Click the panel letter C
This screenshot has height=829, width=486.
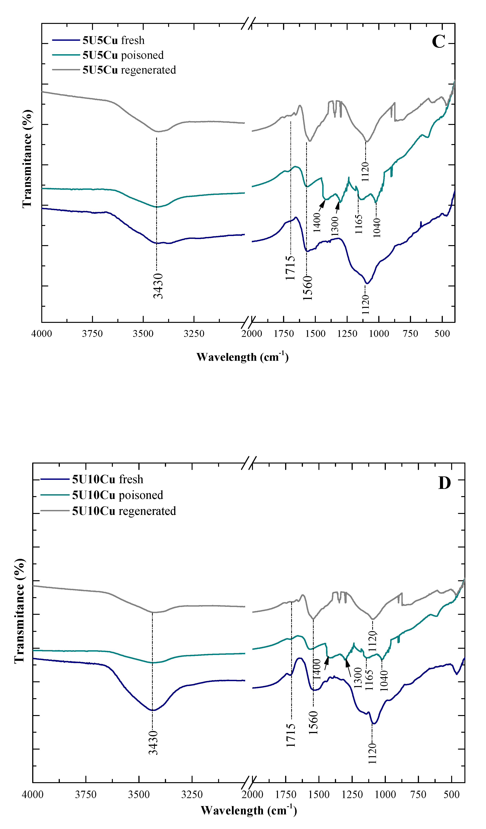point(438,42)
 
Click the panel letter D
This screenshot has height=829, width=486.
point(444,483)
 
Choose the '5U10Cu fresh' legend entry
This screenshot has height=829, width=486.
point(108,479)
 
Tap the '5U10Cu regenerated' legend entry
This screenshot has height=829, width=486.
point(124,511)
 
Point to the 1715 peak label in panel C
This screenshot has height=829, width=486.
point(290,268)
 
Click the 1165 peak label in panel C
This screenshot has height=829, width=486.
point(359,224)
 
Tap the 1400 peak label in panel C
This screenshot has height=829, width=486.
point(317,223)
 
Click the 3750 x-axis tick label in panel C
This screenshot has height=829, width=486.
point(92,334)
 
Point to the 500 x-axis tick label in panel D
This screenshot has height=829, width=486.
point(451,794)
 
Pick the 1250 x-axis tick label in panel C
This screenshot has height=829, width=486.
point(347,334)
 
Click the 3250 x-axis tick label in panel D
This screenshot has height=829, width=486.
point(192,794)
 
